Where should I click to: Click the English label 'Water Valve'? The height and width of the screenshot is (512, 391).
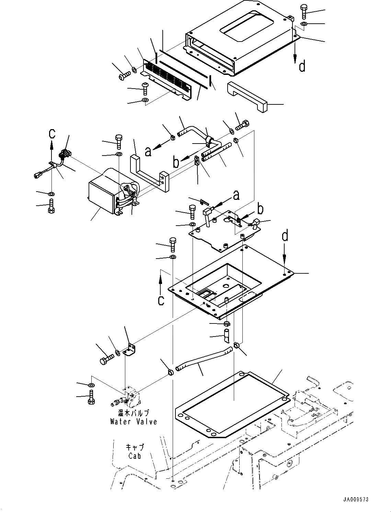click(x=134, y=422)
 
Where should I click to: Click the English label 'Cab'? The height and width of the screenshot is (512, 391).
click(x=134, y=456)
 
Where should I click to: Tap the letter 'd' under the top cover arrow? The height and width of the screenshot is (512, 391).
click(x=302, y=66)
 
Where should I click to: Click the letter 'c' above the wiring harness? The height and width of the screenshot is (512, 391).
click(x=51, y=133)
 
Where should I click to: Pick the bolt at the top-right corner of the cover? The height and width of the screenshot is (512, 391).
click(x=304, y=11)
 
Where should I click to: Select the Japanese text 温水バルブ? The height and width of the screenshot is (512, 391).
click(x=134, y=413)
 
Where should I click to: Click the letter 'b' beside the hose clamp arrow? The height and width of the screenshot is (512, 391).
click(x=176, y=162)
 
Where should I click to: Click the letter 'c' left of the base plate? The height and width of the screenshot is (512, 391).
click(x=161, y=300)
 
